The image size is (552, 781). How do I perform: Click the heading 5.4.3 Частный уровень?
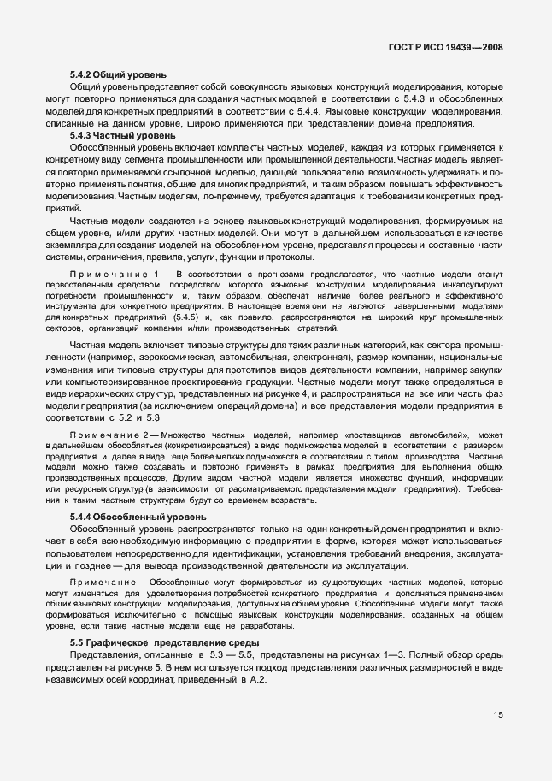pos(122,135)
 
